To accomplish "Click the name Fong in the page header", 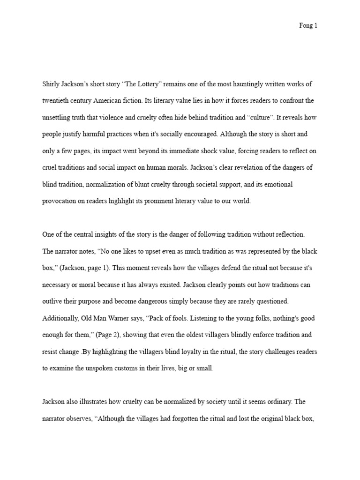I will coord(305,26).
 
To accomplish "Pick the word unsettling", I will coord(59,118).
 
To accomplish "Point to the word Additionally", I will coord(60,318).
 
